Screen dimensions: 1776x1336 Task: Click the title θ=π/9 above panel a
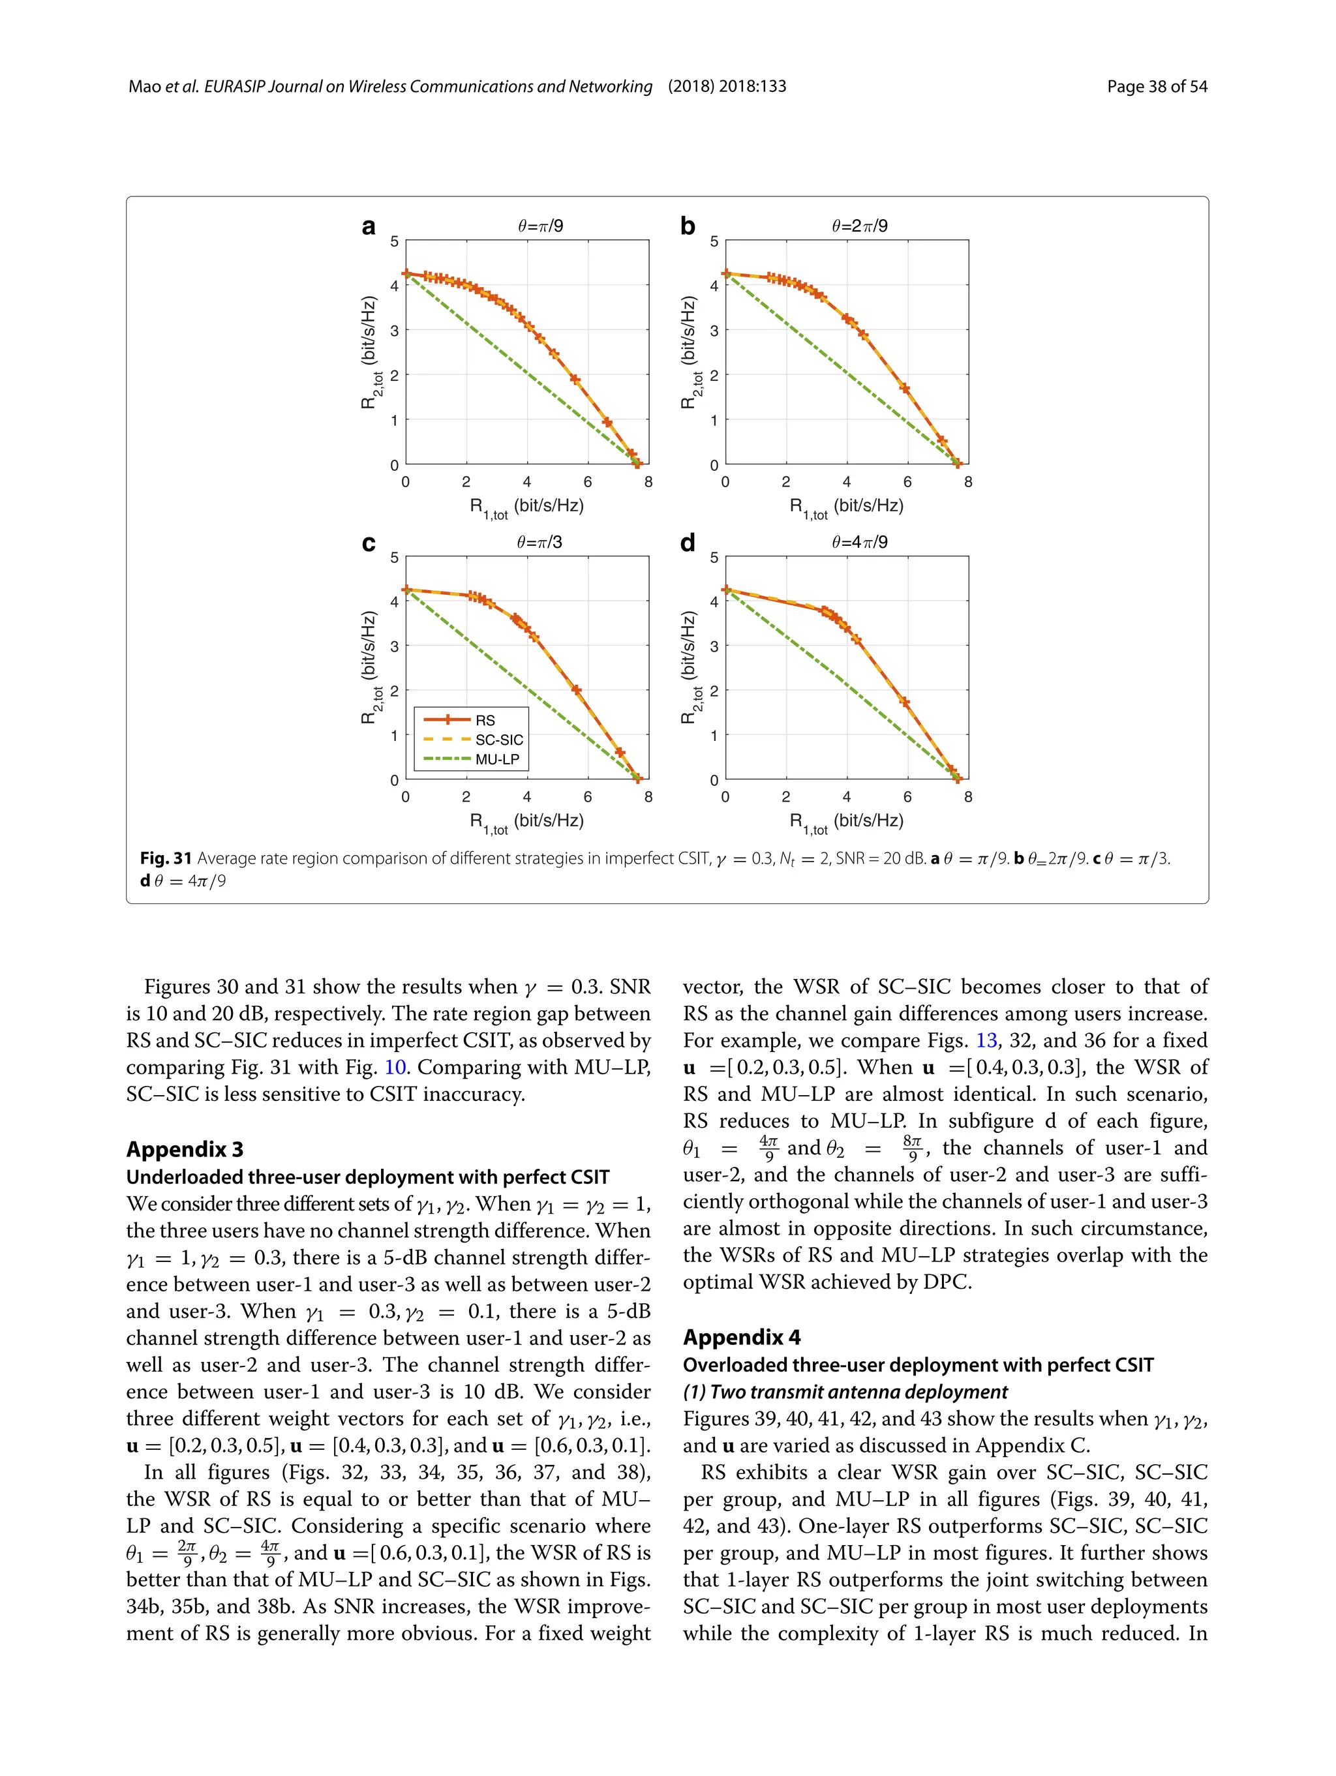coord(540,226)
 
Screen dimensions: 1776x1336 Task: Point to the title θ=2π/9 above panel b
coord(859,226)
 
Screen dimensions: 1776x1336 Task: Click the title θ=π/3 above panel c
coord(540,542)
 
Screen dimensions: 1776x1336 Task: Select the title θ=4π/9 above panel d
coord(859,542)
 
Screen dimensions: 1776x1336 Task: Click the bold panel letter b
coord(688,226)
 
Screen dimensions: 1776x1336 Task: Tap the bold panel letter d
coord(688,543)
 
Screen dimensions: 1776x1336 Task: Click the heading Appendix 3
coord(185,1150)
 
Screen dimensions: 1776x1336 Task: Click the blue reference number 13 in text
coord(986,1040)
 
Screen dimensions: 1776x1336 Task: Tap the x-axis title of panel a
coord(526,507)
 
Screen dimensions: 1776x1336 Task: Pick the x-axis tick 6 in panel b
coord(907,483)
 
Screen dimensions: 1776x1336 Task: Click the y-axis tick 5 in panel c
coord(394,557)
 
